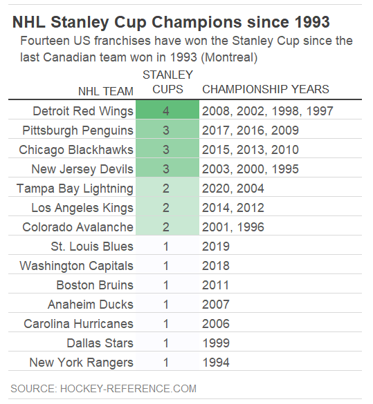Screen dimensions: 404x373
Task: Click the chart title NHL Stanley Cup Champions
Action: click(x=171, y=22)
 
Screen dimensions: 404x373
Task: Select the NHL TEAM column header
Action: click(x=105, y=90)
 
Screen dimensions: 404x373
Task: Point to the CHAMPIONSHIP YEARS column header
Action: click(x=265, y=89)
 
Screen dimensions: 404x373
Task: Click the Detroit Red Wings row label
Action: click(x=82, y=111)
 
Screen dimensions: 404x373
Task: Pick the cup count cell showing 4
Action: click(x=166, y=111)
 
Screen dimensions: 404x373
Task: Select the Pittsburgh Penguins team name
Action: click(x=78, y=131)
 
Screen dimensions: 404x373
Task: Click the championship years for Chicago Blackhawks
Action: click(x=250, y=150)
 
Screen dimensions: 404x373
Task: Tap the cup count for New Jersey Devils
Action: click(x=166, y=169)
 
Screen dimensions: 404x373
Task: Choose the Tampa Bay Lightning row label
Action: click(x=75, y=189)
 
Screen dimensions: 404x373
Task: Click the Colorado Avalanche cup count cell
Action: click(x=166, y=227)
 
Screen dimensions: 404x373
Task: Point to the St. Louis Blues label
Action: click(x=91, y=247)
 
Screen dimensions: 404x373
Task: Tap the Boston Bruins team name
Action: click(x=95, y=285)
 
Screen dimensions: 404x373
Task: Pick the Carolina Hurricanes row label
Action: click(x=78, y=324)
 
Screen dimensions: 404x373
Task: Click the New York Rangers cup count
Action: click(x=166, y=363)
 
